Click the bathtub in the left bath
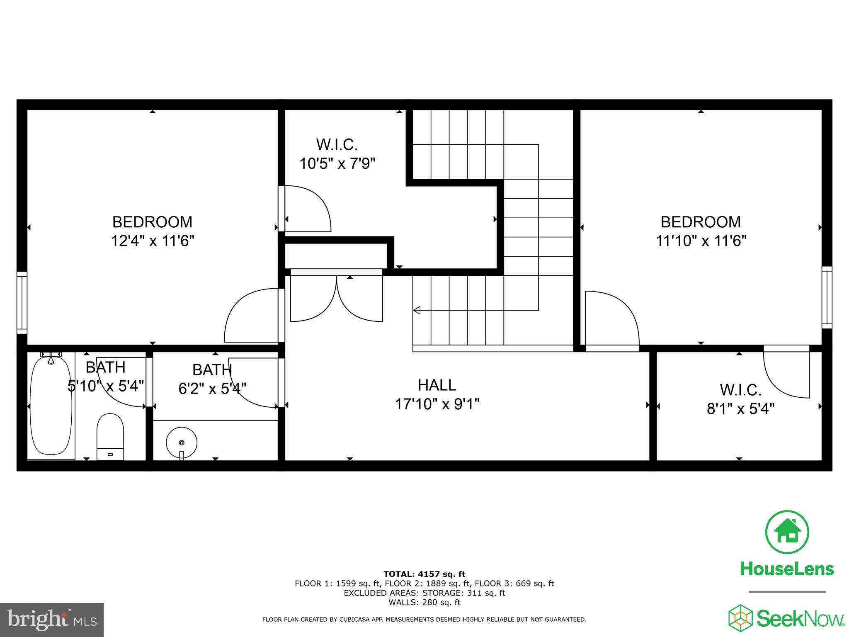coord(51,406)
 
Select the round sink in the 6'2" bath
coord(182,442)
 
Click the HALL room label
coord(437,385)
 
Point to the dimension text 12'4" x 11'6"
coord(152,241)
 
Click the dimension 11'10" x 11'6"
coord(701,241)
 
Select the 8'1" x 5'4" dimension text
coord(740,409)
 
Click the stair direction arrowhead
coord(417,310)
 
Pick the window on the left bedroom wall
coord(22,302)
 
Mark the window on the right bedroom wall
coord(827,297)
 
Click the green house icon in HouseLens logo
coord(786,532)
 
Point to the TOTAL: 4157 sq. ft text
coord(424,574)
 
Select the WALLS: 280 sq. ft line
coord(424,603)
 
